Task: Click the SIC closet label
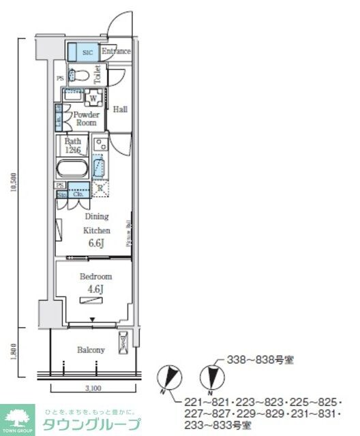(x=87, y=52)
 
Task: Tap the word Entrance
(x=116, y=52)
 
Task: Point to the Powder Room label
(x=86, y=119)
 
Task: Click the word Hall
(x=120, y=109)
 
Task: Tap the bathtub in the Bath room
(x=71, y=168)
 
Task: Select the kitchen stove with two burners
(x=100, y=144)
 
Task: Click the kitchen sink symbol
(x=99, y=167)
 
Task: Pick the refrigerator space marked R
(x=100, y=188)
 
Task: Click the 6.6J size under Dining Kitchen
(x=96, y=243)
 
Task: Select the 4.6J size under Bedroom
(x=96, y=289)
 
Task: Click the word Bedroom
(x=96, y=277)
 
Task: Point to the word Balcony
(x=91, y=350)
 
